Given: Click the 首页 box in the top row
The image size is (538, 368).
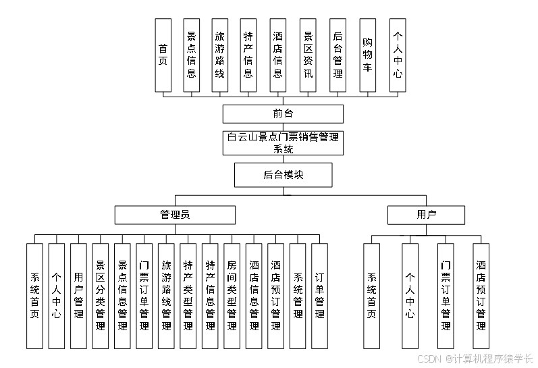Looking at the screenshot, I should click(x=163, y=55).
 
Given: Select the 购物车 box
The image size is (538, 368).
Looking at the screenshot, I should click(x=367, y=55).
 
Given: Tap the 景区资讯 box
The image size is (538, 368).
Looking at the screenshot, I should click(x=308, y=55).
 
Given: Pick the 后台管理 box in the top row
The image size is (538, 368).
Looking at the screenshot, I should click(x=338, y=55).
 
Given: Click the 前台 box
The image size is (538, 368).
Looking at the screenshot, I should click(x=283, y=113).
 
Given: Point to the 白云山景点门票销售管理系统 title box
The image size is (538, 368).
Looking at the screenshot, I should click(x=283, y=142).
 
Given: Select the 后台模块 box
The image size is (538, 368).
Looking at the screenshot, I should click(x=283, y=175).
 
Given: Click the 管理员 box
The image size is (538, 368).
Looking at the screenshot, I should click(x=175, y=215).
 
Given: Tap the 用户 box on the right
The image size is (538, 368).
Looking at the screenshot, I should click(x=426, y=215).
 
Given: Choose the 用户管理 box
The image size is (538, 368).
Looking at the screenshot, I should click(x=78, y=296).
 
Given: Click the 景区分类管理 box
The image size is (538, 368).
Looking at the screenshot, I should click(x=101, y=296).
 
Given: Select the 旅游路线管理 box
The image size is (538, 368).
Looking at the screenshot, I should click(x=166, y=296).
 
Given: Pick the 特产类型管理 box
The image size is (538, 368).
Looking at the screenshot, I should click(x=188, y=296).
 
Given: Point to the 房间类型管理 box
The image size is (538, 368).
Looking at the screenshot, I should click(x=232, y=296).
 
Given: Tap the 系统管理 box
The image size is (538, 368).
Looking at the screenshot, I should click(x=298, y=296).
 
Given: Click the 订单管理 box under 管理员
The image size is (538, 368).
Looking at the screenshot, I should click(x=319, y=296).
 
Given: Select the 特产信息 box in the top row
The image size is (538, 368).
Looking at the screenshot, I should click(x=248, y=55).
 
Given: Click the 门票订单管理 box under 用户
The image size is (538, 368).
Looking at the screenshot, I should click(x=446, y=296).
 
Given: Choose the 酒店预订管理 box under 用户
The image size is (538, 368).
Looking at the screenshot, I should click(x=481, y=296).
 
